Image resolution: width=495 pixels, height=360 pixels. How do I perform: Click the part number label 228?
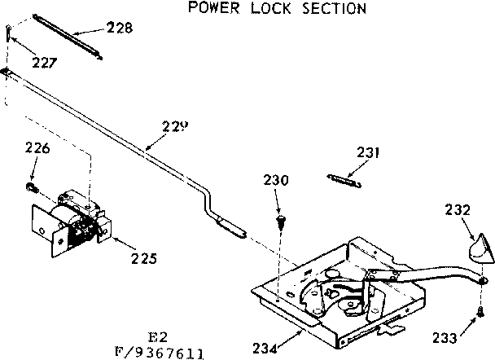(120, 29)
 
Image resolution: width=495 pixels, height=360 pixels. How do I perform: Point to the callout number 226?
(37, 148)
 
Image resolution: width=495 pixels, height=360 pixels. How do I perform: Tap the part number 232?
(458, 209)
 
